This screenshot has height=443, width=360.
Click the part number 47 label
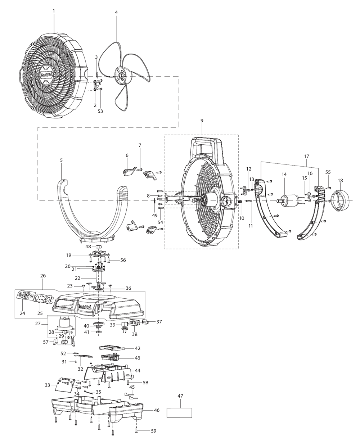coord(180,396)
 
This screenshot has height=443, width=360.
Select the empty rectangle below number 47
coord(179,412)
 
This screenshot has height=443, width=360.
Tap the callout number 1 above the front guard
coord(54,11)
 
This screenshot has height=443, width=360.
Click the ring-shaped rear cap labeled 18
coord(340,200)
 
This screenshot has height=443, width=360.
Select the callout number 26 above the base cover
coord(43,276)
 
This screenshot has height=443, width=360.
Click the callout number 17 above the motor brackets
coord(306,157)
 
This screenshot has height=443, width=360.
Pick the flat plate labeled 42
coord(112,348)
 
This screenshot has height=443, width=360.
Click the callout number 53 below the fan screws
coord(100,112)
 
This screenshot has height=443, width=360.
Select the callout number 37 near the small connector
coord(159,322)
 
